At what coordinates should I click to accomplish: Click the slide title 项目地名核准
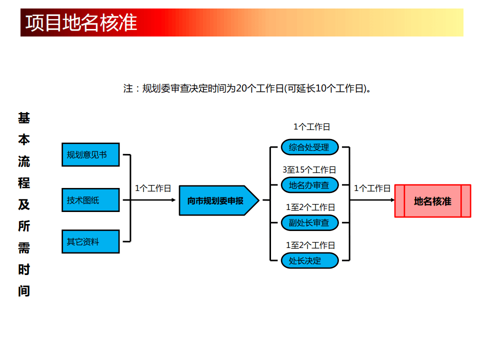81,23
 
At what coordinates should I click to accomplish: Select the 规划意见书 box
90,154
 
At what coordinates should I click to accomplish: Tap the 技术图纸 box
90,200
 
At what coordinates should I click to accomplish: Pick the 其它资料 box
90,241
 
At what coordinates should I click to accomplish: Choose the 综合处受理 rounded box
309,147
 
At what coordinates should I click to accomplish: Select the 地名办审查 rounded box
309,185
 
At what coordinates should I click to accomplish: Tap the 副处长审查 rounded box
309,222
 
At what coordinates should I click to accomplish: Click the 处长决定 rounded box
309,260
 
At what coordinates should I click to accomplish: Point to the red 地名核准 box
432,201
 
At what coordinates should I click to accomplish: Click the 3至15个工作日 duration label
309,170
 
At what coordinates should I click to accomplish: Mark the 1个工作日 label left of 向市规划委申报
153,188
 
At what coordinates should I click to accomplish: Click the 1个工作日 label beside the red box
372,188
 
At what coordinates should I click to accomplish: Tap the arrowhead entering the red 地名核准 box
392,200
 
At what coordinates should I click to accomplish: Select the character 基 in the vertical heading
24,118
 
